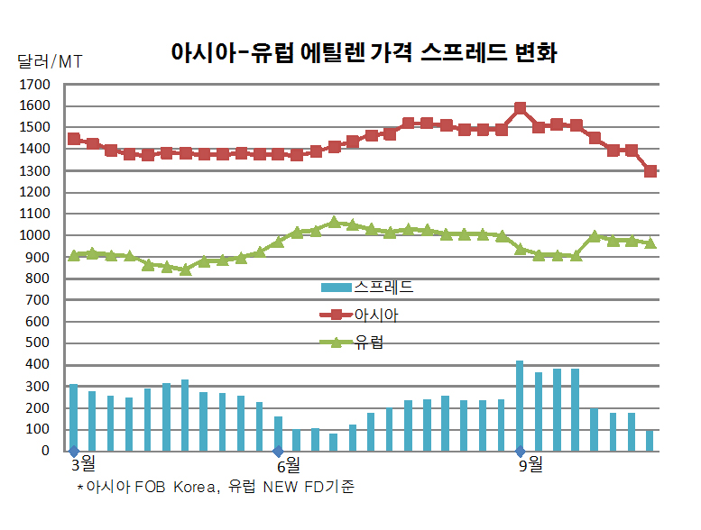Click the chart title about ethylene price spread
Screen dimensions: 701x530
pyautogui.click(x=364, y=52)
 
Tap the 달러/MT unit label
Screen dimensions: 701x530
pyautogui.click(x=50, y=61)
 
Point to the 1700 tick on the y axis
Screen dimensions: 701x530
pyautogui.click(x=34, y=85)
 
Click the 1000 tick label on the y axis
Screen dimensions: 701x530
pyautogui.click(x=34, y=235)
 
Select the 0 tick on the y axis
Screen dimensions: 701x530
pyautogui.click(x=45, y=451)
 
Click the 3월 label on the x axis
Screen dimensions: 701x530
pyautogui.click(x=84, y=464)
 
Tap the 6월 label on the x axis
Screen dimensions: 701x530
pyautogui.click(x=289, y=466)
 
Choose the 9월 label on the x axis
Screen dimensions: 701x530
pyautogui.click(x=530, y=465)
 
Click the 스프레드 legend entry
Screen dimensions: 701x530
pyautogui.click(x=367, y=288)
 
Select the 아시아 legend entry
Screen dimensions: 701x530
pyautogui.click(x=359, y=315)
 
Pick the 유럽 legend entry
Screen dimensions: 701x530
pyautogui.click(x=352, y=343)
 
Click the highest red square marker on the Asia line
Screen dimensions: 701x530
pyautogui.click(x=520, y=108)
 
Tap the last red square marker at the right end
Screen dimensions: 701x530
pyautogui.click(x=650, y=171)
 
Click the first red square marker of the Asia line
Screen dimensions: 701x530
pyautogui.click(x=74, y=139)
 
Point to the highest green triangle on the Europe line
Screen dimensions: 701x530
pyautogui.click(x=334, y=222)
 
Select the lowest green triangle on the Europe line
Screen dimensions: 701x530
pyautogui.click(x=186, y=270)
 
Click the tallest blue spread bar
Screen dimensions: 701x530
pyautogui.click(x=520, y=406)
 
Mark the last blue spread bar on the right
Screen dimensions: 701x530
pyautogui.click(x=650, y=441)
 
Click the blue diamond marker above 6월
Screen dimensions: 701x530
pyautogui.click(x=278, y=451)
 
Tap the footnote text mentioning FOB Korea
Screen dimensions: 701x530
pyautogui.click(x=216, y=486)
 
